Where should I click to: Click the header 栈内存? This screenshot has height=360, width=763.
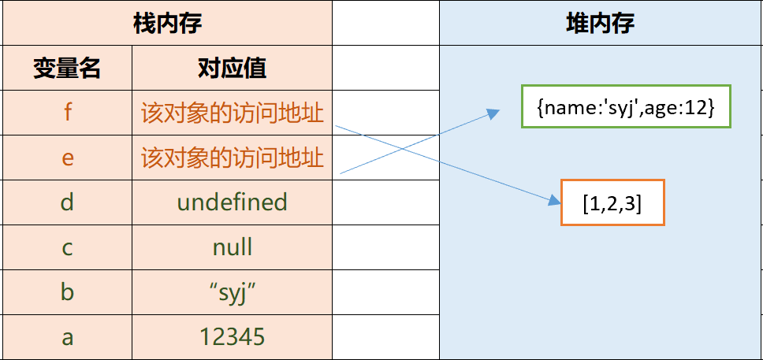(x=167, y=23)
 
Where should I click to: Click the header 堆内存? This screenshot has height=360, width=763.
(x=600, y=23)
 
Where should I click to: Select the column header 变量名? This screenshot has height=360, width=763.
(x=67, y=69)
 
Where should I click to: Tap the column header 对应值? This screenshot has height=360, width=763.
(x=232, y=69)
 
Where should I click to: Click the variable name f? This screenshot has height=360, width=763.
(x=67, y=113)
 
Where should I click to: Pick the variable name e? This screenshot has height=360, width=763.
(x=67, y=158)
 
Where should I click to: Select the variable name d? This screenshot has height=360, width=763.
(x=67, y=202)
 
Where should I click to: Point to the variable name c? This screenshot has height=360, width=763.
(x=67, y=247)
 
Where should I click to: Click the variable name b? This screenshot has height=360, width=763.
(x=67, y=292)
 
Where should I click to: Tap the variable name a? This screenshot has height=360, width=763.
(x=67, y=337)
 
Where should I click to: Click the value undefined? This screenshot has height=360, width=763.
(x=232, y=202)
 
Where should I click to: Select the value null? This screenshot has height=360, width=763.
(x=232, y=247)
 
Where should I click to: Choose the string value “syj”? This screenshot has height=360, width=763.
(x=232, y=292)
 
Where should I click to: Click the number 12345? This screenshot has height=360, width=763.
(x=232, y=337)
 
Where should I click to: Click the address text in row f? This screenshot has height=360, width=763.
(x=232, y=113)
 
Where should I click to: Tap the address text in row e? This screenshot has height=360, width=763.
(x=232, y=158)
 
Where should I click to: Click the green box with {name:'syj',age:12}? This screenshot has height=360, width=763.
(x=626, y=105)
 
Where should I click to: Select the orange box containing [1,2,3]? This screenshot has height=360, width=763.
(x=612, y=203)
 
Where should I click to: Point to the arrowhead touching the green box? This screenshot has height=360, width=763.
(x=493, y=113)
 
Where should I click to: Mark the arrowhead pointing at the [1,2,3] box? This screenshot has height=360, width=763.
(x=551, y=202)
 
